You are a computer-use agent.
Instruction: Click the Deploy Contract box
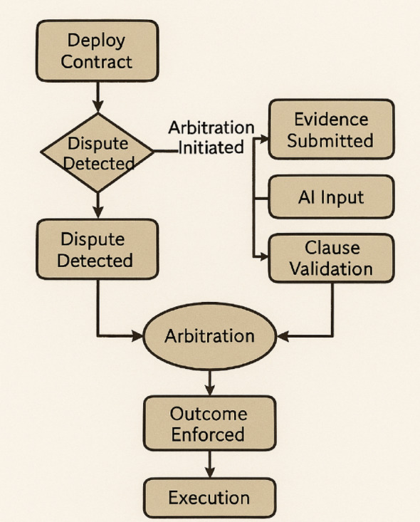96,51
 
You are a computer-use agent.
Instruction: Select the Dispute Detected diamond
98,152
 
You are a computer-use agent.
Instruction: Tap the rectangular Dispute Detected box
96,249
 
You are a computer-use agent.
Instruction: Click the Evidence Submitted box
330,129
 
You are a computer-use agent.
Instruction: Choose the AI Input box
331,197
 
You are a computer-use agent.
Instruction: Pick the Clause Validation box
330,258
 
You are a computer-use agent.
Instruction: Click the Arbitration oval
209,335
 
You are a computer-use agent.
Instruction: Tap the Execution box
209,497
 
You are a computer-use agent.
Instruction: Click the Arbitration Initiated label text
211,137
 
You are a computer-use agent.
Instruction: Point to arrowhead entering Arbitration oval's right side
280,335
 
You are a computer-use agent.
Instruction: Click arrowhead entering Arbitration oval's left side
140,334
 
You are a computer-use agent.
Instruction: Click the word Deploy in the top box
96,41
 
